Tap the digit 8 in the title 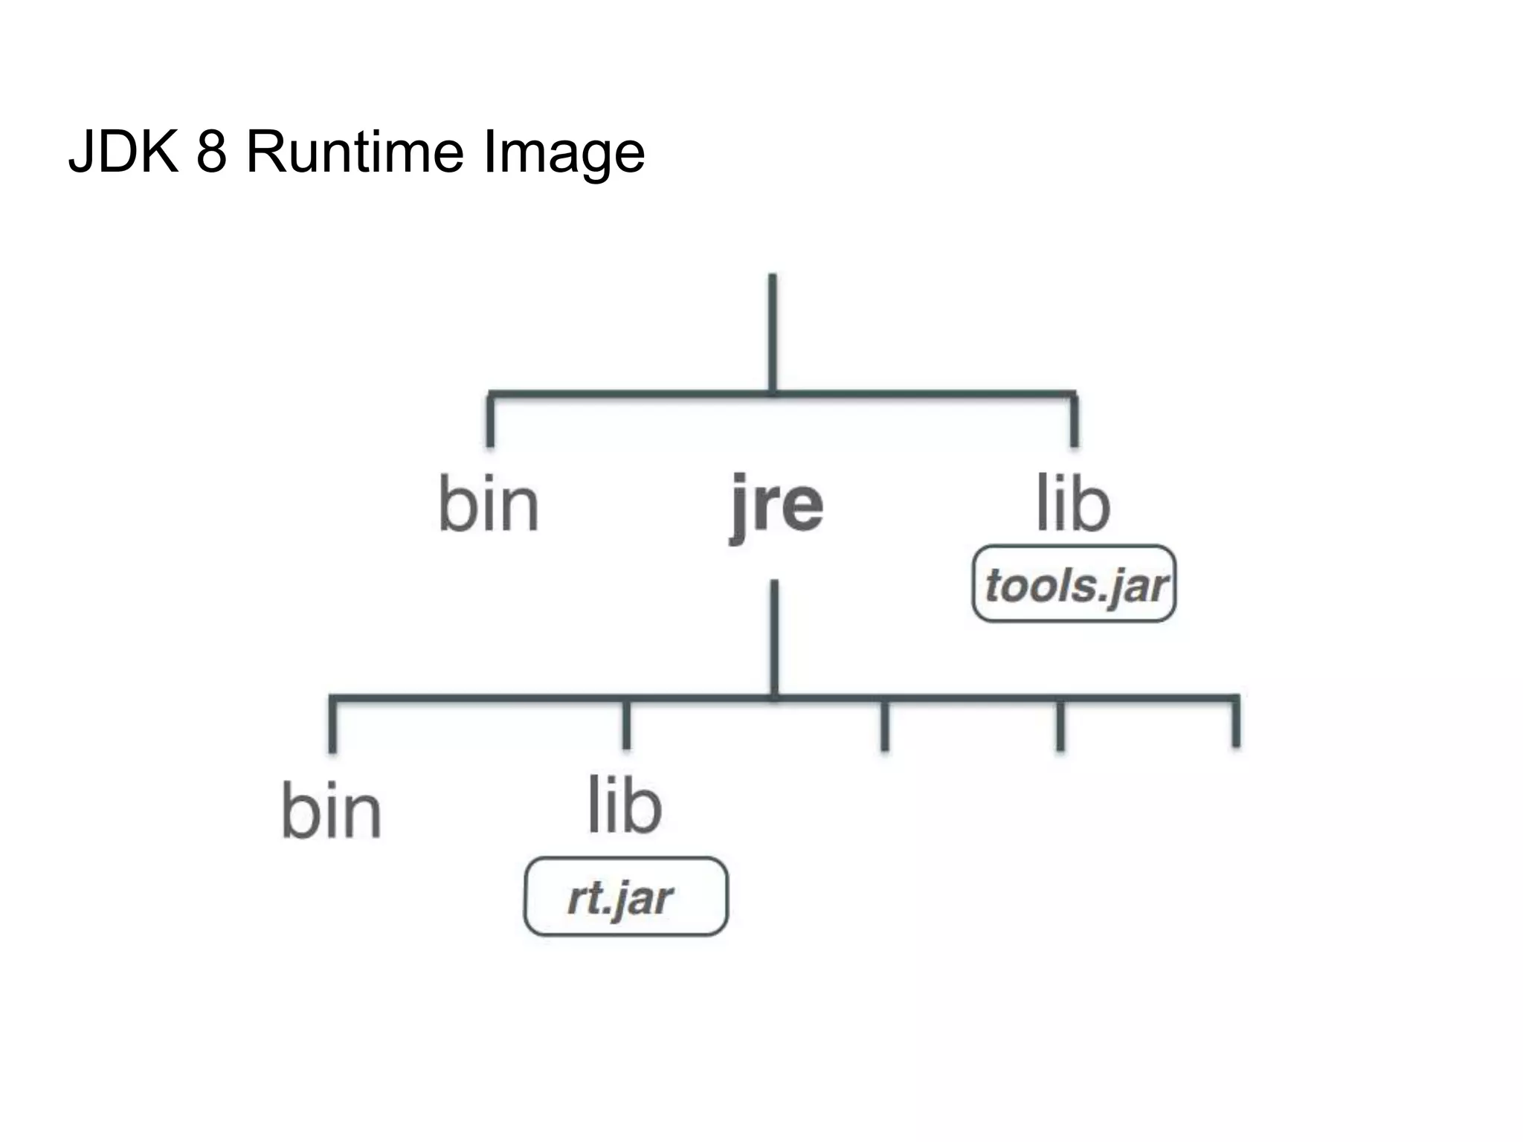[211, 152]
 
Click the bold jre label [776, 506]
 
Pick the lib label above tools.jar [1073, 503]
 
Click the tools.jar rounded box [1074, 584]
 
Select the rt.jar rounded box [625, 897]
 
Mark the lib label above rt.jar [625, 806]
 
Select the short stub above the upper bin [490, 420]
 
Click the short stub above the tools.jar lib [1074, 420]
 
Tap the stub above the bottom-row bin [332, 725]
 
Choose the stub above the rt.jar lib [626, 724]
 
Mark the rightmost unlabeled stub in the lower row [1236, 723]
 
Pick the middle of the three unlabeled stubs [1060, 725]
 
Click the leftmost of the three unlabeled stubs [884, 725]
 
